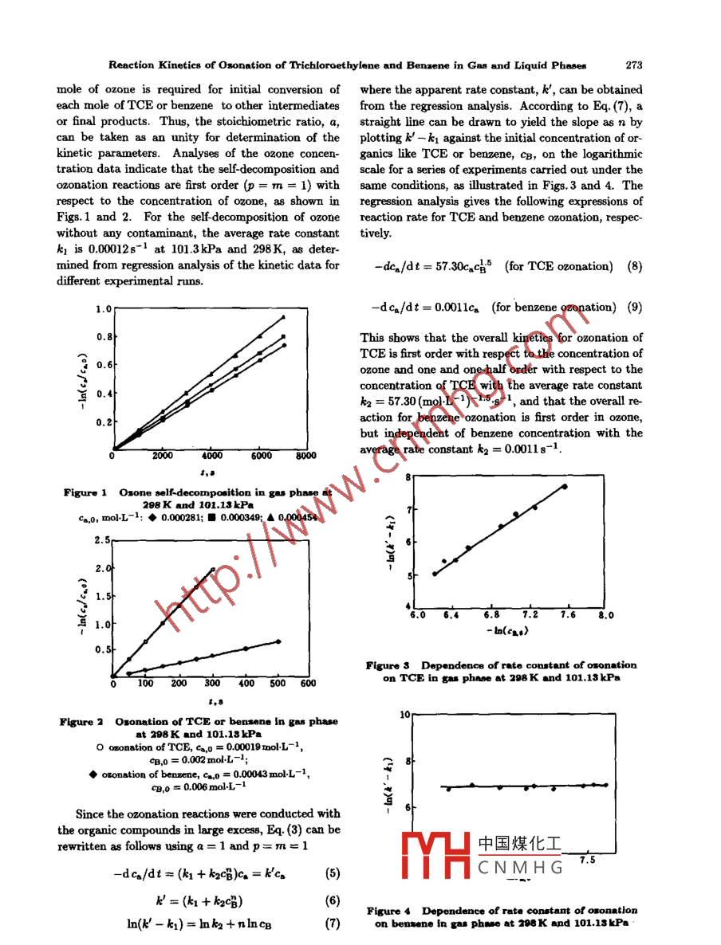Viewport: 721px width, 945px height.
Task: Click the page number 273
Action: coord(634,65)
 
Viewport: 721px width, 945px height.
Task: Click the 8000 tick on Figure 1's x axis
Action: coord(305,457)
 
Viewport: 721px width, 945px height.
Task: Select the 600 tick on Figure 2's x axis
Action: coord(307,683)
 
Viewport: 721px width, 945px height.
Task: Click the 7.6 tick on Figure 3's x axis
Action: coord(568,615)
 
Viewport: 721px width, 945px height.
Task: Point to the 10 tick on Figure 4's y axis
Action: coord(404,715)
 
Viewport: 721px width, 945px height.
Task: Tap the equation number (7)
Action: coord(333,924)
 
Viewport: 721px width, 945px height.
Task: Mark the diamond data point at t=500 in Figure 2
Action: coord(278,641)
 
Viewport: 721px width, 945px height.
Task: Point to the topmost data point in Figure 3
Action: coord(565,486)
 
